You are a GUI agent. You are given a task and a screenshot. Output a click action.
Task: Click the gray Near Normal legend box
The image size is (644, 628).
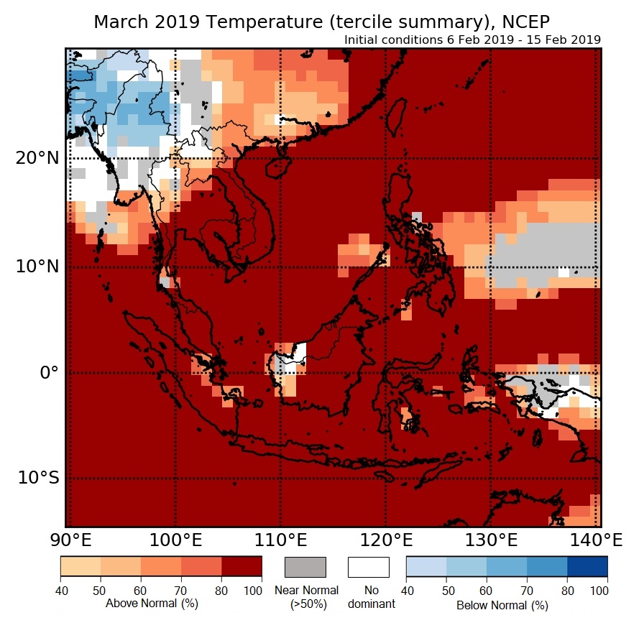[x=305, y=567]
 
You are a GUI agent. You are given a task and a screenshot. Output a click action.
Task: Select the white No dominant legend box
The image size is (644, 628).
[x=369, y=567]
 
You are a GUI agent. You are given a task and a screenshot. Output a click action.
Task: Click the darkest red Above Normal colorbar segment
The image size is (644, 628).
[x=241, y=567]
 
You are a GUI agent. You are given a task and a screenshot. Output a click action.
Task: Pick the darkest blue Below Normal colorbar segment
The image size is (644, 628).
[x=587, y=567]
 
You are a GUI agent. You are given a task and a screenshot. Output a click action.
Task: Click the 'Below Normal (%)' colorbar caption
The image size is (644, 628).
[x=502, y=605]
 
